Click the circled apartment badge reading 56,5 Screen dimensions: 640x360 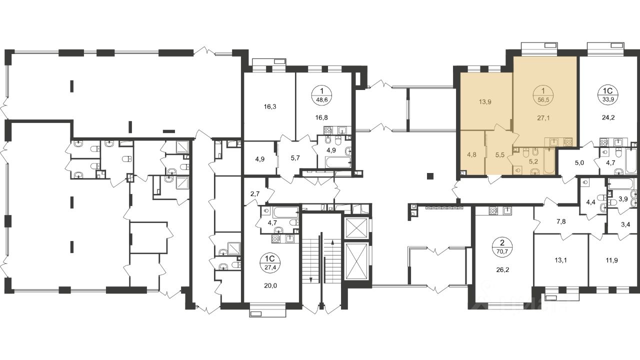[x=543, y=95]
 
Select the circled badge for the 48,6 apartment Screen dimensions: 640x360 [x=322, y=95]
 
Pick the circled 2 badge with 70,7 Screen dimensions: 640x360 [x=502, y=248]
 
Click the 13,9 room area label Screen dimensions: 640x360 [x=485, y=102]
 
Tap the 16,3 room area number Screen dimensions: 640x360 [x=270, y=107]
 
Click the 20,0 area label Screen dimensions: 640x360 [x=270, y=285]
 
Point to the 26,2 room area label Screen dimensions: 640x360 [x=502, y=269]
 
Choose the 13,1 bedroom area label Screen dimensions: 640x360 [x=561, y=260]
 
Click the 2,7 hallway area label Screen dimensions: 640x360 [x=255, y=194]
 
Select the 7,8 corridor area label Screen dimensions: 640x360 [x=561, y=221]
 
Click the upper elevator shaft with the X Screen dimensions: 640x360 [x=356, y=227]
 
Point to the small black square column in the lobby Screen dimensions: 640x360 [x=430, y=176]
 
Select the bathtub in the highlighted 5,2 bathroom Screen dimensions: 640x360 [x=549, y=161]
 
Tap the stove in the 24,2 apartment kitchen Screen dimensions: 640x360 [x=604, y=142]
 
